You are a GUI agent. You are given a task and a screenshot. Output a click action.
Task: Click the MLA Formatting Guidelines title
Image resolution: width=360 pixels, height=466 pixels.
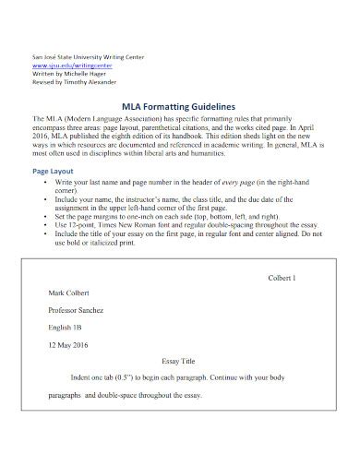[x=181, y=105]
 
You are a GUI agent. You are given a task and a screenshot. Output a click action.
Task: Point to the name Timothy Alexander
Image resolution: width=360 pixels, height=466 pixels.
[x=86, y=83]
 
